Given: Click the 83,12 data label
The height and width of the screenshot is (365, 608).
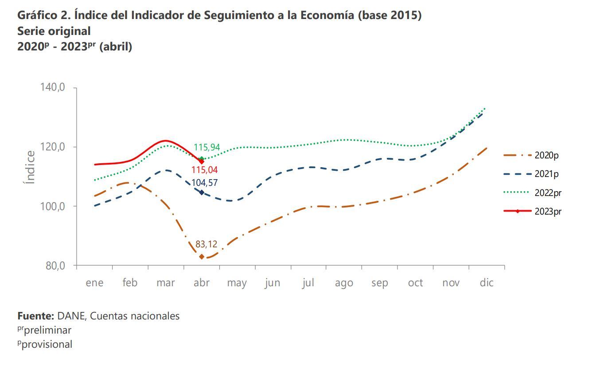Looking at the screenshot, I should click(206, 244).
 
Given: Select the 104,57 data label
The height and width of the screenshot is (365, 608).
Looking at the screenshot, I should click(204, 183).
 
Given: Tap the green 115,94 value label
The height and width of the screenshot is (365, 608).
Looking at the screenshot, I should click(207, 147).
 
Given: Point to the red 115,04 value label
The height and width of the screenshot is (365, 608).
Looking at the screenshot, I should click(204, 170).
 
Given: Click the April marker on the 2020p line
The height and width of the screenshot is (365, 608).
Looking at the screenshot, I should click(202, 257).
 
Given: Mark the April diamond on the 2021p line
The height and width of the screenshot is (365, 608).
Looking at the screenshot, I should click(202, 192).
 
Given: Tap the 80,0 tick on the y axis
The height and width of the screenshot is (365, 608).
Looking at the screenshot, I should click(56, 266).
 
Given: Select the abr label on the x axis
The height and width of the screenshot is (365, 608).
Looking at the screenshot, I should click(202, 283).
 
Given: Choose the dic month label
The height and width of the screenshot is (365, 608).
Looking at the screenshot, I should click(487, 283).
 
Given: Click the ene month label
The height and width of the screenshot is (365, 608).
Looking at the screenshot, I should click(94, 283).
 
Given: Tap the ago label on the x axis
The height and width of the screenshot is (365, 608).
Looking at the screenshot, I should click(344, 283).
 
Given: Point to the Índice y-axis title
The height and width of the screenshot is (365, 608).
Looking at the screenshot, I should click(30, 167).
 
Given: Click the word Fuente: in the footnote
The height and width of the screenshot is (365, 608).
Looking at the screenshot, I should click(35, 316).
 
